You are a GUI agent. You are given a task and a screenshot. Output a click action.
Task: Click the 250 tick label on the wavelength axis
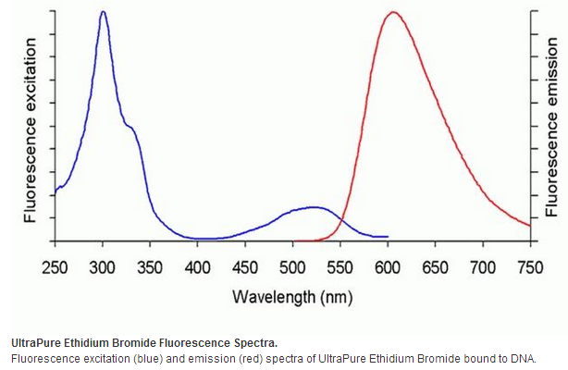pyautogui.click(x=55, y=267)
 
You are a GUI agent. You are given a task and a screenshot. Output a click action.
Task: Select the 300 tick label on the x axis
pyautogui.click(x=103, y=267)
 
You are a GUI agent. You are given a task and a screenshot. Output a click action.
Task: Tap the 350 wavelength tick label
pyautogui.click(x=150, y=267)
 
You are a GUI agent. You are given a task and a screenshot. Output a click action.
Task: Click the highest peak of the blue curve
pyautogui.click(x=103, y=12)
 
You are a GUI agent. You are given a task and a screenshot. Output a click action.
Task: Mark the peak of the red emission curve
pyautogui.click(x=393, y=12)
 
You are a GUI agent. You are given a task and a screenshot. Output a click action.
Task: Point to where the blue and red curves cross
pyautogui.click(x=340, y=219)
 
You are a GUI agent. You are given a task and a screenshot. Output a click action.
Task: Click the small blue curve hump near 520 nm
pyautogui.click(x=312, y=207)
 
